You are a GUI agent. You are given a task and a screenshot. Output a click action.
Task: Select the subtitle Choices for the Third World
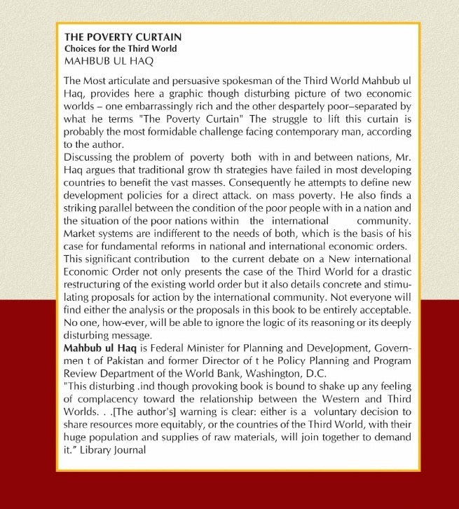tap(121, 49)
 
